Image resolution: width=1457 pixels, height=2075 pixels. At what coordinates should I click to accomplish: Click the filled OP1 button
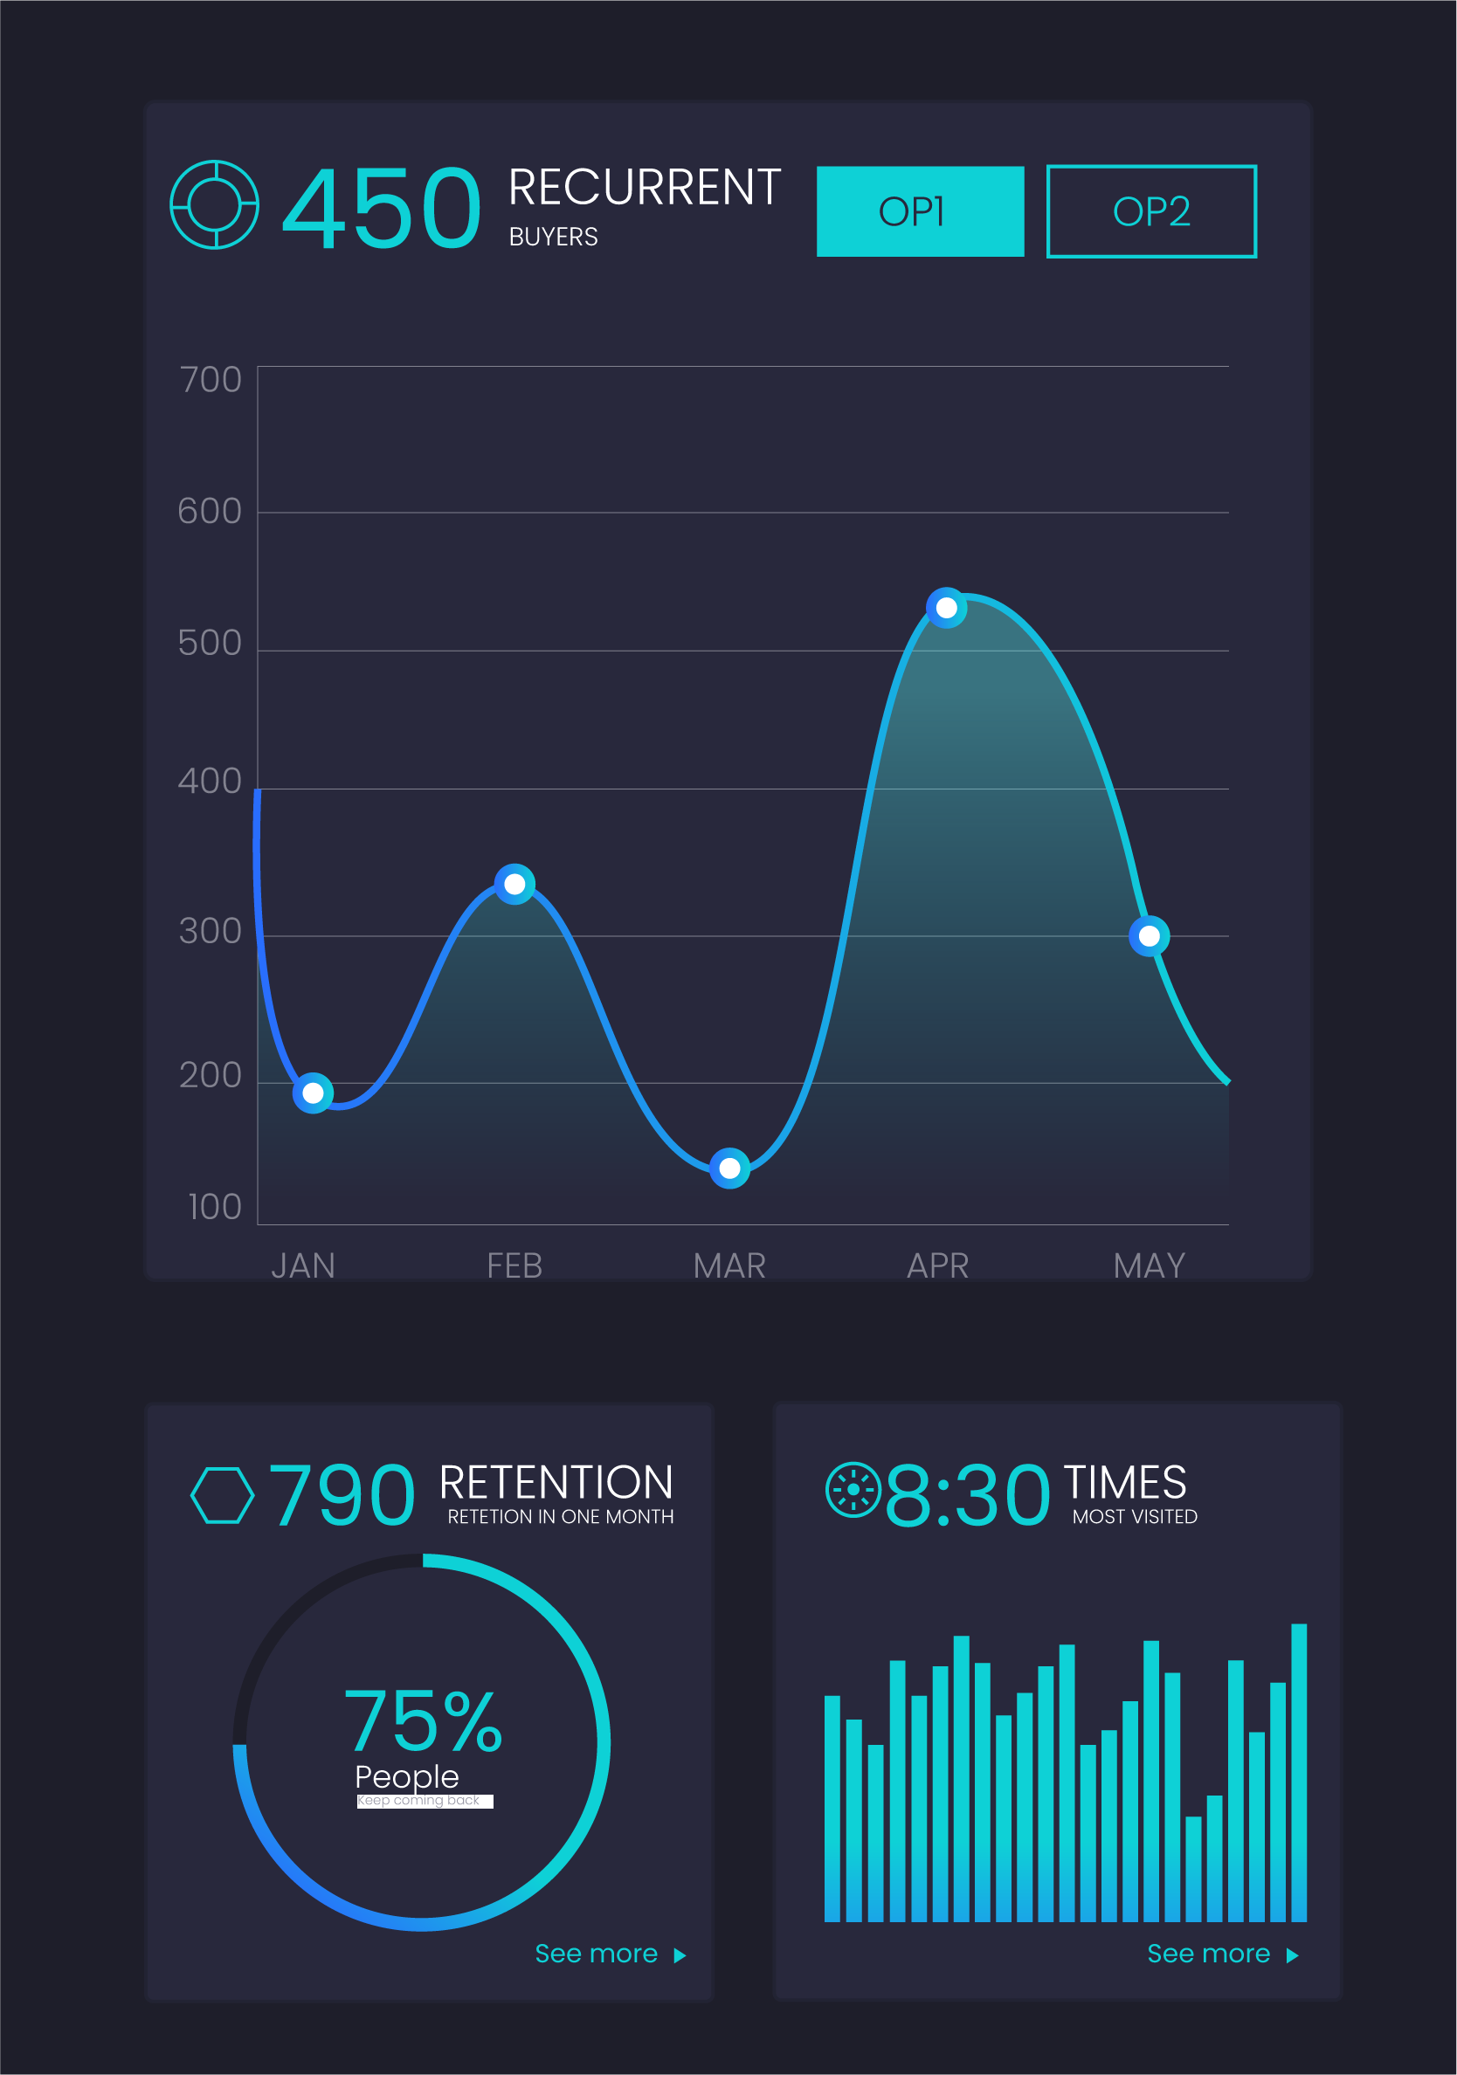click(919, 211)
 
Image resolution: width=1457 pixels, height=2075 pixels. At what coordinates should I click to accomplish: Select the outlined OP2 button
click(1150, 211)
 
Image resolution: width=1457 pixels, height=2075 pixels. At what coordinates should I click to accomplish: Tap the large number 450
click(381, 209)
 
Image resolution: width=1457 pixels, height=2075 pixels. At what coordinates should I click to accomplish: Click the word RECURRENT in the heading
click(645, 188)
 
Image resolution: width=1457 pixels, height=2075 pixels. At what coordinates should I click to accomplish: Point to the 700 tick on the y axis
click(210, 381)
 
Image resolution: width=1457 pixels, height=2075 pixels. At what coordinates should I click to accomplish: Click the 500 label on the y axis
click(210, 643)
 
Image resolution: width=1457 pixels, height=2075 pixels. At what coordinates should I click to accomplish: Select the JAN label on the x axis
click(303, 1265)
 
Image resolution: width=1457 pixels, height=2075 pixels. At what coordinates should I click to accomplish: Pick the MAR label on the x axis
click(728, 1265)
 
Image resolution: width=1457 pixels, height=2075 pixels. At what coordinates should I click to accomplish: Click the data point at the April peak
click(946, 607)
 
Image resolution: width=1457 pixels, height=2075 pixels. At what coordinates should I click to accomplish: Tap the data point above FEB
click(514, 884)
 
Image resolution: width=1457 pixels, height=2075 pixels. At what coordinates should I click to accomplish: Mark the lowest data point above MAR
click(729, 1168)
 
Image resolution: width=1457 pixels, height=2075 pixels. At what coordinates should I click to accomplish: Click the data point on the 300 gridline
click(1149, 936)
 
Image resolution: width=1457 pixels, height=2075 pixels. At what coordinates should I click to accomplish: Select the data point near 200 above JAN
click(313, 1093)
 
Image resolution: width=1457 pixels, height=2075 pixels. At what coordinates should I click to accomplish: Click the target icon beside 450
click(214, 205)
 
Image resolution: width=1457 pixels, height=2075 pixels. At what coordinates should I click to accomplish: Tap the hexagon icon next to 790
click(223, 1495)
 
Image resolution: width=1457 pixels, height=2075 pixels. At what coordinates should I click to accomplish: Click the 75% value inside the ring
click(422, 1721)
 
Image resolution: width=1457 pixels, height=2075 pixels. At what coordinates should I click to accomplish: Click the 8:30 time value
click(967, 1496)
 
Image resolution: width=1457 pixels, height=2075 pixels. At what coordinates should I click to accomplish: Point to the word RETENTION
click(556, 1483)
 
